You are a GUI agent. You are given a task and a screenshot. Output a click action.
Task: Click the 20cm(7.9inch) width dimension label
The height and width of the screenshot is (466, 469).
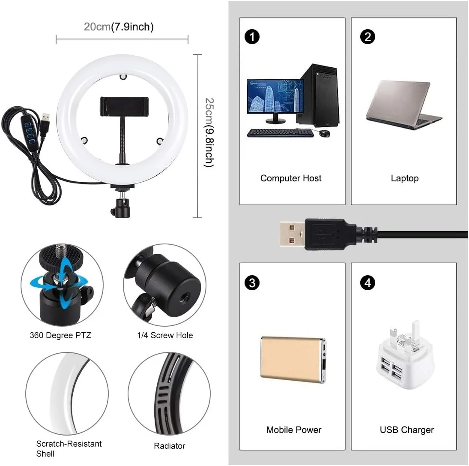[x=119, y=27]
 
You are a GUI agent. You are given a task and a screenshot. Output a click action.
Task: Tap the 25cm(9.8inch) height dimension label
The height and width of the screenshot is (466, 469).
[x=209, y=132]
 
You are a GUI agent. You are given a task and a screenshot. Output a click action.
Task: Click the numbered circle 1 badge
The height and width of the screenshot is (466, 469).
[x=252, y=37]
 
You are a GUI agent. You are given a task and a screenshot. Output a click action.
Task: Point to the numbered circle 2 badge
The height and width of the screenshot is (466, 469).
[x=367, y=37]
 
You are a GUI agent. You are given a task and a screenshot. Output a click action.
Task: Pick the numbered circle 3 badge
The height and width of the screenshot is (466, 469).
[x=252, y=283]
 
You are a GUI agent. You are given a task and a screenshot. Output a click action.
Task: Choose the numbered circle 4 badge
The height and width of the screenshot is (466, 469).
[x=367, y=283]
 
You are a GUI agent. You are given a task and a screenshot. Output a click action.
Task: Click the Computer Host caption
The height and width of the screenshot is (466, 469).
[x=291, y=178]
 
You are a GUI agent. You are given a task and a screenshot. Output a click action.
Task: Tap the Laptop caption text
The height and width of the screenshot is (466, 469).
[x=404, y=178]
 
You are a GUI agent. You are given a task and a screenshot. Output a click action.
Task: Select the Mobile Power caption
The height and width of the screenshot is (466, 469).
[x=293, y=430]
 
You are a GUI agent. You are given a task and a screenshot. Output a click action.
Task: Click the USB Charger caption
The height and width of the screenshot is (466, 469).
[x=406, y=430]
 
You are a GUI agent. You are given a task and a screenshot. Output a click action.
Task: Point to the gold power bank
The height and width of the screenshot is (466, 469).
[x=292, y=358]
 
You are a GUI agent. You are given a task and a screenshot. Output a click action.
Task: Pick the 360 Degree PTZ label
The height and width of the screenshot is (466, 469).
[x=60, y=335]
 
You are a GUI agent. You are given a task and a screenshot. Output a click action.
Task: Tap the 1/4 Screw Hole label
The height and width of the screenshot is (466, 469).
[x=165, y=335]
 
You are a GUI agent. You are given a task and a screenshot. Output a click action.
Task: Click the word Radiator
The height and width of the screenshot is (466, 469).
[x=169, y=446]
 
